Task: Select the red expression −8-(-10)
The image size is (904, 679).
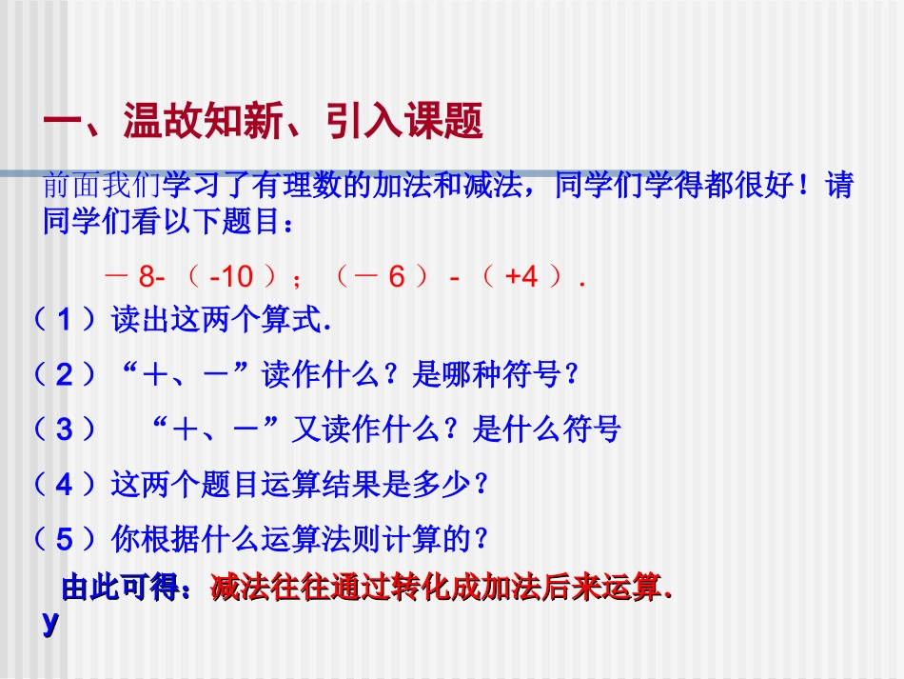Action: (x=195, y=277)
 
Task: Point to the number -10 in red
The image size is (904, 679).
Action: (x=231, y=277)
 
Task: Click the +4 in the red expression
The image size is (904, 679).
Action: (x=521, y=277)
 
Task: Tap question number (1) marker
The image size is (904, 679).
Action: (x=65, y=321)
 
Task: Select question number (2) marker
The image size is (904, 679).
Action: (x=65, y=375)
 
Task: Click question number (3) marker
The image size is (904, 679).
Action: (x=65, y=430)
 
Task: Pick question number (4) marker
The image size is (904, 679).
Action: (x=65, y=485)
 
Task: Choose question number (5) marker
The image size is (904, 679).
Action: (x=65, y=540)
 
